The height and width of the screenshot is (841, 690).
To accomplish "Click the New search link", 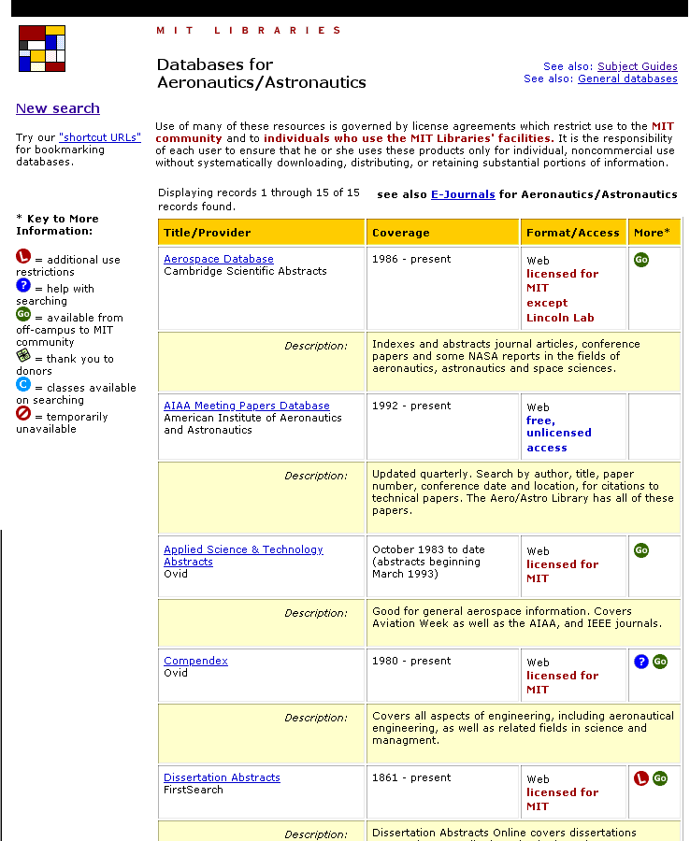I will [x=57, y=108].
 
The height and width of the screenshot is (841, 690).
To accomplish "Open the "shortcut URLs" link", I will [x=100, y=137].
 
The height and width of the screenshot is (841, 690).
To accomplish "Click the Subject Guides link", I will [x=637, y=66].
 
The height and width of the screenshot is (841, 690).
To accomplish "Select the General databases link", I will [x=627, y=78].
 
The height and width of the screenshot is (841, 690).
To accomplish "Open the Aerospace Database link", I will [x=218, y=259].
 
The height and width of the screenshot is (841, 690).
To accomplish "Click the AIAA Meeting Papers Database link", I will [x=246, y=406].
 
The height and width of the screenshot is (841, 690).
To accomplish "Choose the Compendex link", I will [x=195, y=661].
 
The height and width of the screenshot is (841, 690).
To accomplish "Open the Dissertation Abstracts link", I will [x=222, y=777].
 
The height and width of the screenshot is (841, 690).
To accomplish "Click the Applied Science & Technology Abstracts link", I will [x=242, y=549].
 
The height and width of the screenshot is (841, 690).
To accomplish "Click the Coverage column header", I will [x=400, y=233].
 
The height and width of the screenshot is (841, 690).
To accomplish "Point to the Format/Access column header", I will [x=572, y=233].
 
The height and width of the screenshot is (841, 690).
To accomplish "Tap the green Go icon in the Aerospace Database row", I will [x=641, y=260].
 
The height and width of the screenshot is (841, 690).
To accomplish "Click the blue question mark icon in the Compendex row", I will [x=641, y=662].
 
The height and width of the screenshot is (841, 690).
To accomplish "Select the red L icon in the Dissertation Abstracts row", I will [x=641, y=778].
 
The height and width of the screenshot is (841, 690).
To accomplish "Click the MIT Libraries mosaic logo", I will [x=42, y=49].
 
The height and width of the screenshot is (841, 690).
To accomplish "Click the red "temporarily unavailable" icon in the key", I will [x=23, y=414].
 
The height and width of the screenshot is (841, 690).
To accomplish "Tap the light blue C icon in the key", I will [x=23, y=385].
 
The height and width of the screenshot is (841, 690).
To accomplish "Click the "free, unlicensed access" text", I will [x=559, y=434].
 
